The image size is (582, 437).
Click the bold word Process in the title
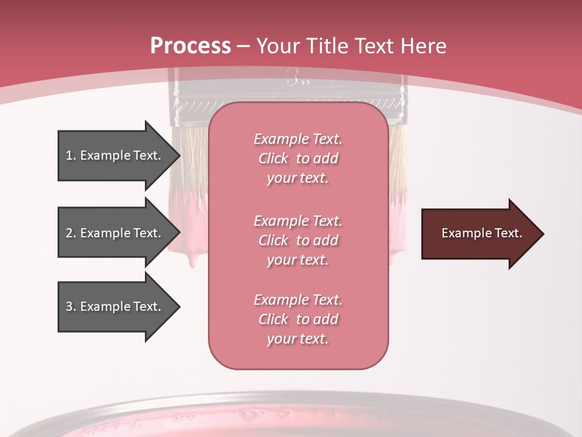point(190,46)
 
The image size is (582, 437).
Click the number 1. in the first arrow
point(71,155)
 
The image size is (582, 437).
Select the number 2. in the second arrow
point(71,233)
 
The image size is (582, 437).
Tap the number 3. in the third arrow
point(71,307)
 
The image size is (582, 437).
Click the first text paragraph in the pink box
point(298,158)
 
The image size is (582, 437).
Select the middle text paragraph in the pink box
point(298,240)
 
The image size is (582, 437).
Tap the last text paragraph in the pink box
point(298,319)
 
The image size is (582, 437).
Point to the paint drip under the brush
point(193,260)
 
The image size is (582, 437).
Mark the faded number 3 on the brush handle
point(292,78)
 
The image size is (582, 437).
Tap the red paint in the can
point(291,428)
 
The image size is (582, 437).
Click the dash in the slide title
point(244,47)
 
